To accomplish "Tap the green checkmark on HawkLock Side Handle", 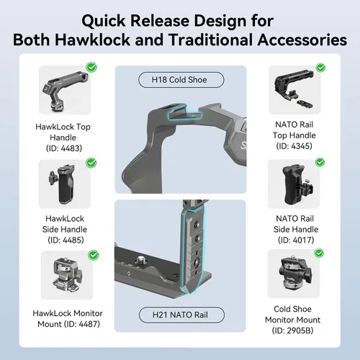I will click(x=91, y=163).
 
